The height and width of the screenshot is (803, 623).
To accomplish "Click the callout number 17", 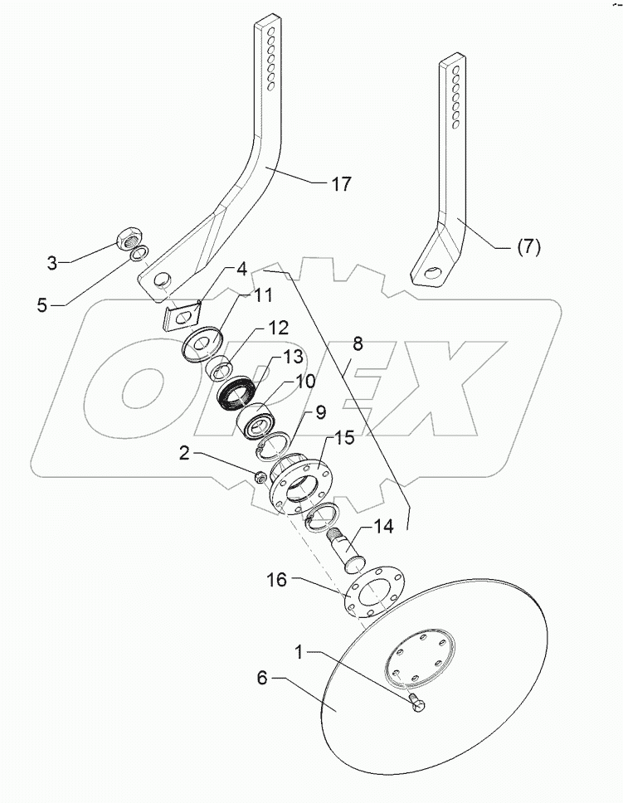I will pyautogui.click(x=340, y=183).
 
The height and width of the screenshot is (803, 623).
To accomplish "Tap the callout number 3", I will pyautogui.click(x=53, y=263).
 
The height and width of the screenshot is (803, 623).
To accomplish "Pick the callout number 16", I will pyautogui.click(x=276, y=580).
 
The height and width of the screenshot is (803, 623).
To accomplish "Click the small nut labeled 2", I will pyautogui.click(x=259, y=476).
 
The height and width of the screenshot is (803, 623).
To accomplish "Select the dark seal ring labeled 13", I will pyautogui.click(x=239, y=393).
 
